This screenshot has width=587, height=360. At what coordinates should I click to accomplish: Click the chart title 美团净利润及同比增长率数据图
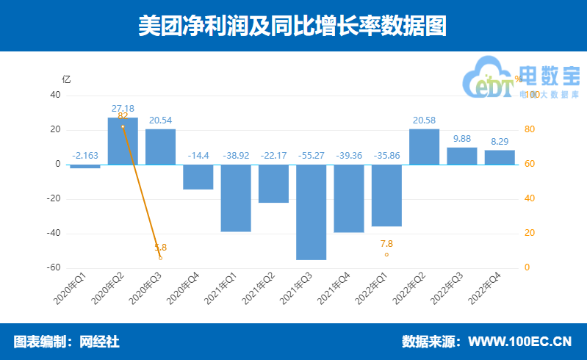tap(293, 26)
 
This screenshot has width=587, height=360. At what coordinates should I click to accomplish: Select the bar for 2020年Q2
tap(123, 141)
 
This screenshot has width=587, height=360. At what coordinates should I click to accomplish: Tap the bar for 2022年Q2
tap(425, 147)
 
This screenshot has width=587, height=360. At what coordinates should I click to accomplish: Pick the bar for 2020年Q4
tap(198, 177)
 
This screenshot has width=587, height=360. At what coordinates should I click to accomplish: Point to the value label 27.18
tap(123, 108)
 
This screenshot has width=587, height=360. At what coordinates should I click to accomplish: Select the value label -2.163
tap(85, 155)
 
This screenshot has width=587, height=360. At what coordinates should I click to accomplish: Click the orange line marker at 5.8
tap(160, 258)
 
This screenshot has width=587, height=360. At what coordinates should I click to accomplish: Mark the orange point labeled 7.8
tap(386, 255)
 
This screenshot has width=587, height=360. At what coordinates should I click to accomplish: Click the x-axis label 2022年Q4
tap(486, 288)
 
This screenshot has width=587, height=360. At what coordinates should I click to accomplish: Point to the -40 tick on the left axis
tap(54, 233)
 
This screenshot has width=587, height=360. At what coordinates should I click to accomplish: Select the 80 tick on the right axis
tap(527, 130)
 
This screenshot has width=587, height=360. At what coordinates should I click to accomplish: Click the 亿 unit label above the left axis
tap(67, 79)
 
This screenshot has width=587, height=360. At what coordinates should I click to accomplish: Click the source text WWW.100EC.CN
tap(519, 342)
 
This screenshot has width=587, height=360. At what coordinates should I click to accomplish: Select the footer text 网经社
tap(99, 342)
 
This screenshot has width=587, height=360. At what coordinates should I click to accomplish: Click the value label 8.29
tap(500, 141)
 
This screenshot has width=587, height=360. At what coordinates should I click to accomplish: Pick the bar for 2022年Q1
tap(386, 195)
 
